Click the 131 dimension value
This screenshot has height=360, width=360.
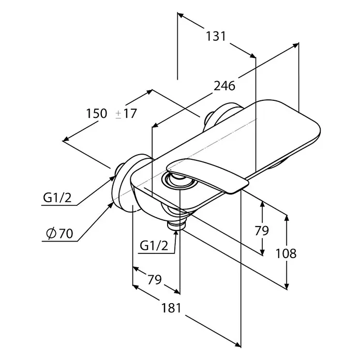[216, 36]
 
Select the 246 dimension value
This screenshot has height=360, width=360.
[224, 86]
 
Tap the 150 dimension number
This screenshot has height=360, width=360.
[96, 113]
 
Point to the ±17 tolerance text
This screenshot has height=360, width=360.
[126, 113]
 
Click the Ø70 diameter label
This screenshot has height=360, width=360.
[59, 233]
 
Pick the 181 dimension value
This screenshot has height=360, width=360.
[171, 308]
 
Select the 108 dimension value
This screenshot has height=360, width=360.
[286, 253]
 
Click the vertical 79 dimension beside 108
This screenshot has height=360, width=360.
[262, 231]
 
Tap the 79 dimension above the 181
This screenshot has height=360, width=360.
[154, 279]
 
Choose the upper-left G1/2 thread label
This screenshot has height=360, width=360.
[57, 198]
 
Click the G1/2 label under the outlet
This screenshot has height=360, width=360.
[154, 246]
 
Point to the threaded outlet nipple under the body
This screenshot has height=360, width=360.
[176, 224]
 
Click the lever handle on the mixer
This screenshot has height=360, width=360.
[208, 174]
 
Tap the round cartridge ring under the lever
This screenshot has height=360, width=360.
[179, 182]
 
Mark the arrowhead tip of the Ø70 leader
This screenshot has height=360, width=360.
[113, 203]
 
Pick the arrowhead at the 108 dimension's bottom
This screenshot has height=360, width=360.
[287, 290]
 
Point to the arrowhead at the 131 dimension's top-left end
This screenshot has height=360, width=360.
[178, 13]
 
